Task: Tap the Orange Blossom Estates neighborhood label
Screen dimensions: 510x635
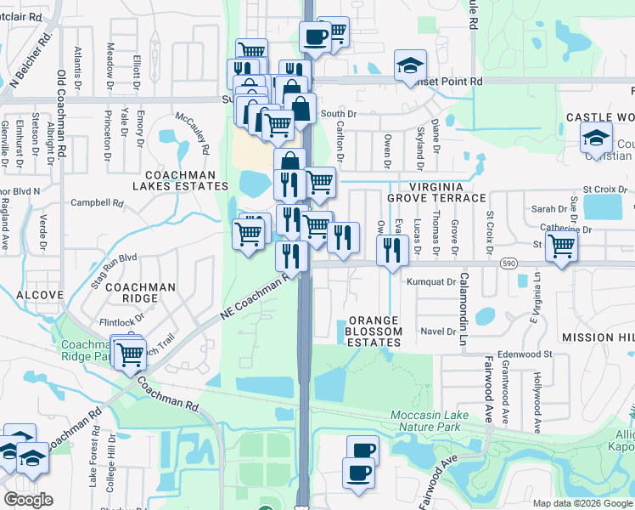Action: [374, 331]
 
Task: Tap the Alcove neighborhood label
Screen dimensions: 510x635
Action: [40, 295]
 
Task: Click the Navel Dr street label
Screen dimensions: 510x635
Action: [438, 331]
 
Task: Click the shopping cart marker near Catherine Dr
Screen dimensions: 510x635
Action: [561, 246]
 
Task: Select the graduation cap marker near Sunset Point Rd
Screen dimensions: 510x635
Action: [410, 65]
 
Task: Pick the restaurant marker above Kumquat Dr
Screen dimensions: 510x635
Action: [391, 249]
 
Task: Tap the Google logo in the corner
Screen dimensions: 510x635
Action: [28, 500]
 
